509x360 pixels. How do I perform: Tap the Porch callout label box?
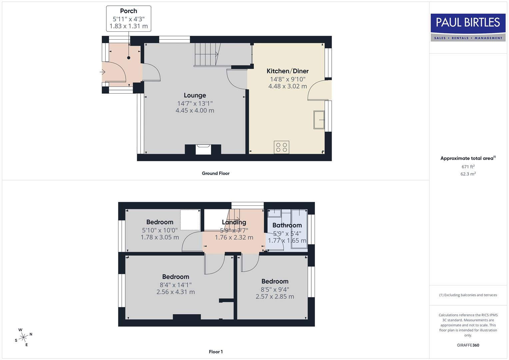(x=129, y=19)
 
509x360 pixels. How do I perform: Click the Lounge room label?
(x=195, y=95)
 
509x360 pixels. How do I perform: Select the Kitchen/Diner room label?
(x=287, y=71)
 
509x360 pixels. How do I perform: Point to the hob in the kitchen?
(x=282, y=147)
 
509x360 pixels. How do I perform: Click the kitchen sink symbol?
(x=319, y=120)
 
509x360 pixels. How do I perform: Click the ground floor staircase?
(x=207, y=54)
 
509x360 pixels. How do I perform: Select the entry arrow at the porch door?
(x=102, y=72)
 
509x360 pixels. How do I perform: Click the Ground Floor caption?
(x=216, y=173)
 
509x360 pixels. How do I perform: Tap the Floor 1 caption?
(x=216, y=352)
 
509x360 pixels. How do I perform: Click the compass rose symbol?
(x=23, y=337)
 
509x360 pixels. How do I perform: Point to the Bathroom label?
(x=287, y=225)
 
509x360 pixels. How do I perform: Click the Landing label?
(x=234, y=222)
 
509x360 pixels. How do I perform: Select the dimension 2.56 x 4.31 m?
(x=176, y=292)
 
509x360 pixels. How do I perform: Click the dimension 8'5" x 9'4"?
(x=275, y=290)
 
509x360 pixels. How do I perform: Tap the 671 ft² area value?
(x=468, y=167)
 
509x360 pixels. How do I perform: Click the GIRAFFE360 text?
(x=468, y=345)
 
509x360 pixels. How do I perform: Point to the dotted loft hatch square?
(x=190, y=220)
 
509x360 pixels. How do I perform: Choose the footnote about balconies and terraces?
(x=468, y=295)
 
